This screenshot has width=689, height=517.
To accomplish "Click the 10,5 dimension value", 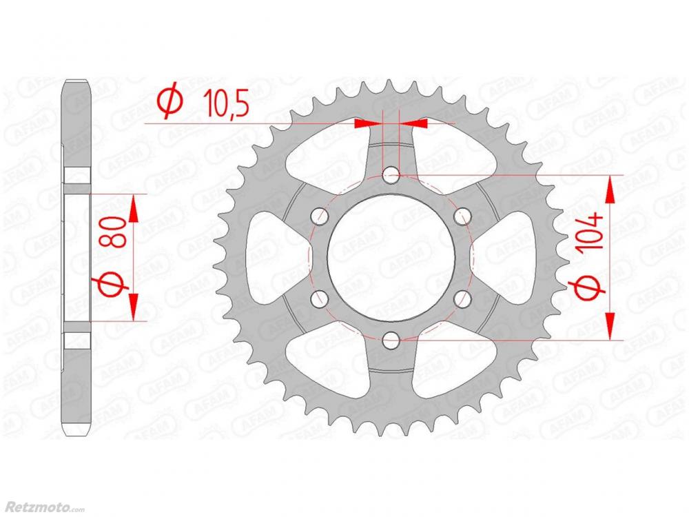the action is click(227, 103).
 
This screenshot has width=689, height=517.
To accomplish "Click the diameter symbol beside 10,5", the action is click(171, 100).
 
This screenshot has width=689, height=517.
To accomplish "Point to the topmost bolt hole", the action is click(391, 176).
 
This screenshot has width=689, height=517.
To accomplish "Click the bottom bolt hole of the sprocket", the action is click(391, 339).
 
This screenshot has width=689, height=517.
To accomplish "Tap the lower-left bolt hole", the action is click(320, 299).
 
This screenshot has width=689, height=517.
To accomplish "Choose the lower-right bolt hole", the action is click(462, 299).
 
